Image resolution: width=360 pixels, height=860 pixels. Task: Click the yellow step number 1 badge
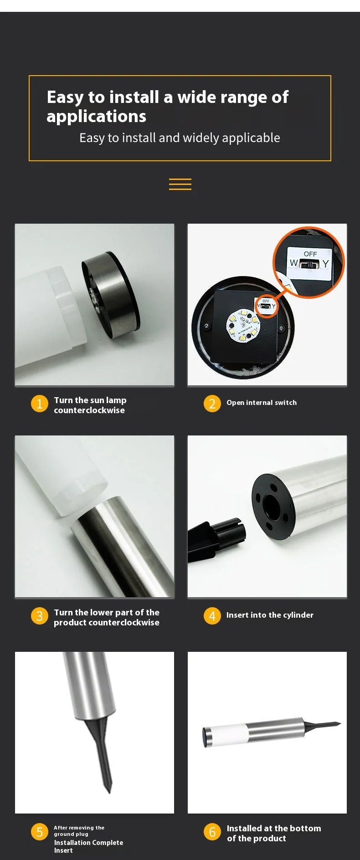[40, 404]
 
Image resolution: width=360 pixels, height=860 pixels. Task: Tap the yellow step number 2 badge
[212, 404]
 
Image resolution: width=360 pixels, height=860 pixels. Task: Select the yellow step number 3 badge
[40, 616]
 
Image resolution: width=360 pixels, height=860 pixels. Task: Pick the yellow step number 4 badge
[212, 616]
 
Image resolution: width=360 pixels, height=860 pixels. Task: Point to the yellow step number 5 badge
[40, 832]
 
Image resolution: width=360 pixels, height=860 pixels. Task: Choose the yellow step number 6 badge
[212, 832]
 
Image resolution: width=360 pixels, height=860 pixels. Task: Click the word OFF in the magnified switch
[310, 254]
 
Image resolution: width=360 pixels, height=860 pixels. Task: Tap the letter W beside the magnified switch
[294, 263]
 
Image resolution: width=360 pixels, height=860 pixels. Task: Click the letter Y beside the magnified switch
[325, 264]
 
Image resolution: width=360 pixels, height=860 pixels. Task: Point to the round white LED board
[243, 327]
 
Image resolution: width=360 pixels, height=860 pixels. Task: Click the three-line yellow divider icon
[180, 184]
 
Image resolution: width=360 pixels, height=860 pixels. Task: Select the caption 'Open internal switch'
[262, 403]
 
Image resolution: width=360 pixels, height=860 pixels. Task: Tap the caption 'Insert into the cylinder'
[270, 615]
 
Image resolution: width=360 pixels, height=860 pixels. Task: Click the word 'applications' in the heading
[97, 117]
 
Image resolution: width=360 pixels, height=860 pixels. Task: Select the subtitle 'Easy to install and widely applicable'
[180, 138]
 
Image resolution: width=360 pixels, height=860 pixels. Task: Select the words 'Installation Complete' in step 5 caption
[88, 843]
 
